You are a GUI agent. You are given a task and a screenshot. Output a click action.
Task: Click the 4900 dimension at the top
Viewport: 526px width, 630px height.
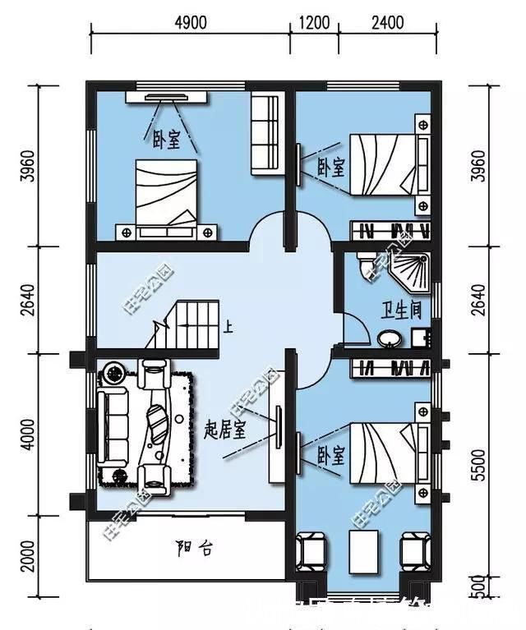tap(190, 22)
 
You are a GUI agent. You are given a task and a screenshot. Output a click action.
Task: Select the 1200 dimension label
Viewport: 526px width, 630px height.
tap(313, 22)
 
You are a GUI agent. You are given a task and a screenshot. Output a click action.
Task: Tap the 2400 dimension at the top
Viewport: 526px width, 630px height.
tap(386, 22)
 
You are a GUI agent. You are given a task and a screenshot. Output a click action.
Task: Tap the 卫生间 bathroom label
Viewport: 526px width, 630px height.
tap(401, 310)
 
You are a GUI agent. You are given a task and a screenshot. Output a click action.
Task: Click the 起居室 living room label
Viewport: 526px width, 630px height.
tap(224, 430)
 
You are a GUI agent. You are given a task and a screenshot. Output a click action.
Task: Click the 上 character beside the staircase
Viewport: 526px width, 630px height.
tap(228, 327)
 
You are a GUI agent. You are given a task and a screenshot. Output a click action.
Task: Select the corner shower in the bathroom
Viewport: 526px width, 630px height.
tap(411, 270)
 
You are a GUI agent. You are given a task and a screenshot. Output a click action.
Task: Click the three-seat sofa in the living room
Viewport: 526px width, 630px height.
tap(112, 426)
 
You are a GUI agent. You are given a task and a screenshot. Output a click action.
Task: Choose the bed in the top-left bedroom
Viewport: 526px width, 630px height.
tap(167, 192)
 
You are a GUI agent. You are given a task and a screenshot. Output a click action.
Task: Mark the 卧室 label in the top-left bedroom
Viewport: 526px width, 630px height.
tap(166, 141)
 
